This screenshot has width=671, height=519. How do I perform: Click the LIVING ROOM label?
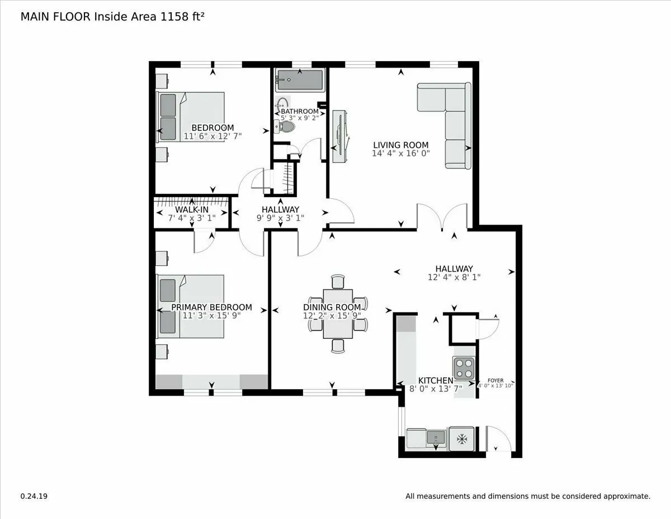(x=401, y=145)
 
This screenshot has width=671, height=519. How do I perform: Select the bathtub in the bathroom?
(x=299, y=80)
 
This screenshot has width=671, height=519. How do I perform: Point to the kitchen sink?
(x=436, y=437)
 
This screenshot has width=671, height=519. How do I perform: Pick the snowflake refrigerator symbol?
(x=462, y=439)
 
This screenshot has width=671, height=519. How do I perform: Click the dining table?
(x=338, y=314)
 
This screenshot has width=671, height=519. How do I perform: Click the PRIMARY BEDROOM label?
(x=211, y=307)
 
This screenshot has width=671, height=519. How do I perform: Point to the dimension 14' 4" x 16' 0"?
(x=401, y=153)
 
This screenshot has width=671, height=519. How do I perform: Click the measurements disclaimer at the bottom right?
(x=527, y=496)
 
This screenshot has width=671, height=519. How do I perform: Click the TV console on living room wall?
(x=339, y=136)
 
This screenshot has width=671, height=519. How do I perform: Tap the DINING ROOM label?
(x=332, y=307)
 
